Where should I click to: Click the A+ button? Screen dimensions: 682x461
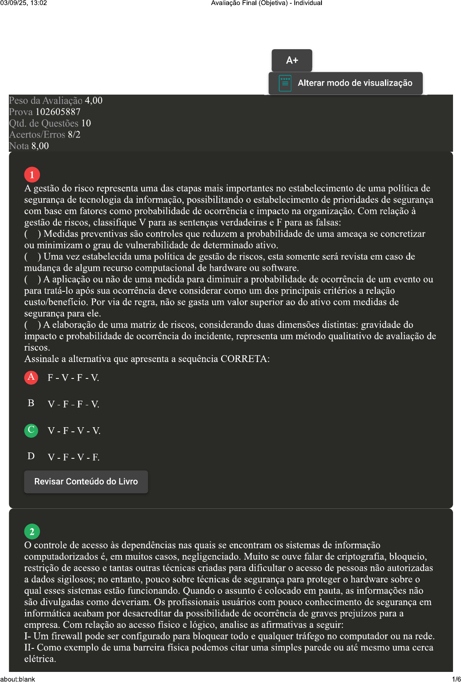[292, 61]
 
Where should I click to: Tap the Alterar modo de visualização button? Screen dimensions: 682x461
[345, 83]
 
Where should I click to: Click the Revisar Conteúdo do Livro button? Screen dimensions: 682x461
[86, 482]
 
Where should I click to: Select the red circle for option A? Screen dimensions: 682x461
[31, 377]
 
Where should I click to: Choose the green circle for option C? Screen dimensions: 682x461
[31, 430]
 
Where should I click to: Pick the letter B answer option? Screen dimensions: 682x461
[31, 404]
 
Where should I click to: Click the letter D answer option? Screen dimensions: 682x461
[31, 457]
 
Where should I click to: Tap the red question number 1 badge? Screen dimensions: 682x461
[32, 174]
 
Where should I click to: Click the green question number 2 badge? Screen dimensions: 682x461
[32, 531]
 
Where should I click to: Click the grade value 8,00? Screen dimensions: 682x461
[40, 146]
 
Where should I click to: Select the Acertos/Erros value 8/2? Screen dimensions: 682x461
[74, 135]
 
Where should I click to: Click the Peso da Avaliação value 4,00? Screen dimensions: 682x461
[94, 101]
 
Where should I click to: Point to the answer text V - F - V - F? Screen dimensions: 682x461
[74, 457]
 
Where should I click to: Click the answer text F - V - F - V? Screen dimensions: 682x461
[74, 378]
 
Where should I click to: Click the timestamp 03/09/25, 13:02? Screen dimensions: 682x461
[24, 3]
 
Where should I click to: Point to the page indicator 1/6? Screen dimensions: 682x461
[456, 679]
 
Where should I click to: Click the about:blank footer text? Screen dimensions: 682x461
[18, 679]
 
